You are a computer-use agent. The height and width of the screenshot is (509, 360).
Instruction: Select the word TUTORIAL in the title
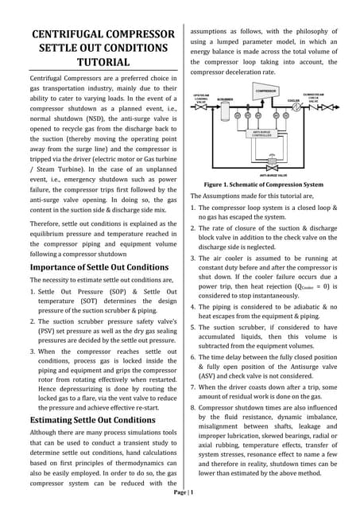pos(102,62)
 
